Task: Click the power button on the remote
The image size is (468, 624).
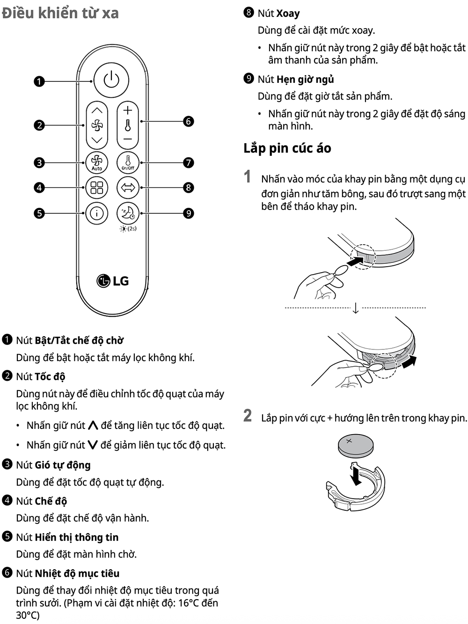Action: (111, 80)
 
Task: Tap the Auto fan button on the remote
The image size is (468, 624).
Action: (97, 163)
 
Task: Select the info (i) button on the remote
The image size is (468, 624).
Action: (97, 213)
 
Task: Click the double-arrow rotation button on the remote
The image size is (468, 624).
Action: (128, 188)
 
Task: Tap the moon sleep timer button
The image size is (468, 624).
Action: (128, 213)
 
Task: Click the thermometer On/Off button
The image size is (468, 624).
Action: (128, 163)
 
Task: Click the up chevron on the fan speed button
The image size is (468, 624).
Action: (97, 110)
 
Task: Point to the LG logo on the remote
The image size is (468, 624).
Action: (113, 281)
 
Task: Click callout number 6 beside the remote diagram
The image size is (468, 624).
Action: (188, 122)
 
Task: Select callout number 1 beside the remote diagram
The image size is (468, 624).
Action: (39, 81)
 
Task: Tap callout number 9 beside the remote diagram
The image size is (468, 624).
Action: (188, 213)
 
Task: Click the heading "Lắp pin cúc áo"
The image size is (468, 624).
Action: (287, 148)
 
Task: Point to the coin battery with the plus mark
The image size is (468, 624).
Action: (355, 445)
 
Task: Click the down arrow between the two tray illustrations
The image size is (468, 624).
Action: (355, 308)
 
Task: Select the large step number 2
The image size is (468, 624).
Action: (248, 416)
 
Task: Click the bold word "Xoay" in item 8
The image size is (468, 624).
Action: (288, 14)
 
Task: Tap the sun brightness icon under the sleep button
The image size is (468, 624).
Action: (123, 229)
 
